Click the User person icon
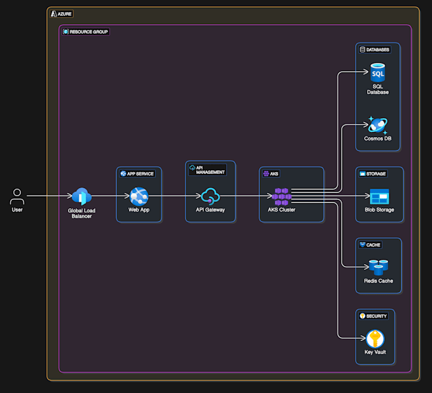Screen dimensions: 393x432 pyautogui.click(x=17, y=196)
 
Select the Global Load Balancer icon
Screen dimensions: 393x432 pyautogui.click(x=81, y=196)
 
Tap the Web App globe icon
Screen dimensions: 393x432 pyautogui.click(x=138, y=196)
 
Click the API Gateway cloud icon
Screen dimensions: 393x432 pyautogui.click(x=210, y=196)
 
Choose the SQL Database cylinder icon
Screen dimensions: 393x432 pyautogui.click(x=377, y=73)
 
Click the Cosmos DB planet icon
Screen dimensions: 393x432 pyautogui.click(x=377, y=125)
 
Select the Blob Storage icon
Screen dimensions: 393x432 pyautogui.click(x=379, y=196)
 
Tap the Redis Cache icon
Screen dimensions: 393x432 pyautogui.click(x=379, y=267)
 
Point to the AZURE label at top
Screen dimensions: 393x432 pyautogui.click(x=64, y=13)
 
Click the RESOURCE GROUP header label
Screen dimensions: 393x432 pyautogui.click(x=88, y=32)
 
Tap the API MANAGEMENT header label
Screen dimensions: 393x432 pyautogui.click(x=210, y=170)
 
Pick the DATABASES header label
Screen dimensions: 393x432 pyautogui.click(x=378, y=50)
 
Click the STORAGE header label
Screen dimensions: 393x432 pyautogui.click(x=376, y=173)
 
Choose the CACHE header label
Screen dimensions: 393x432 pyautogui.click(x=373, y=244)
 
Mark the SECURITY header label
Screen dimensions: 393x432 pyautogui.click(x=376, y=316)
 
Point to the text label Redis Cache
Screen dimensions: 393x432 pyautogui.click(x=379, y=281)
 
